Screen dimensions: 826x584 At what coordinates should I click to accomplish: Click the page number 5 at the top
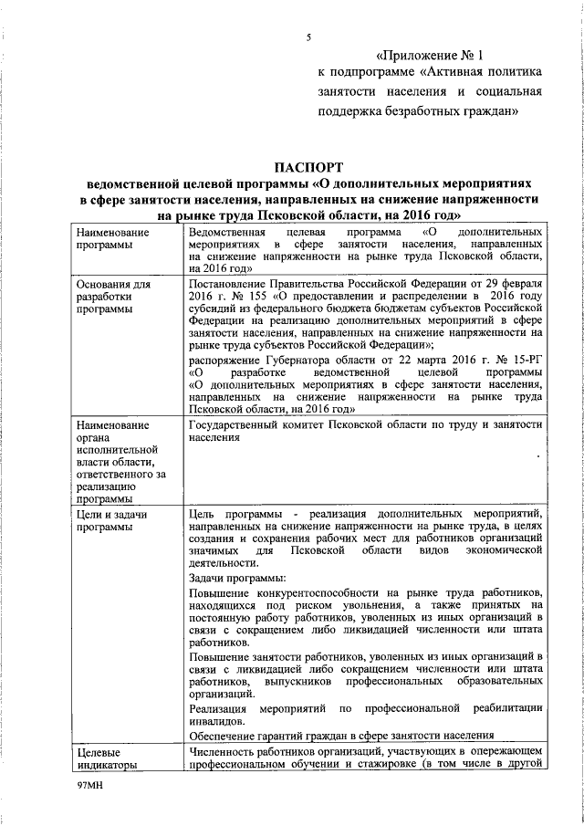[308, 37]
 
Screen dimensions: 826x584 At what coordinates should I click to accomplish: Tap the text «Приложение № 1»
[427, 54]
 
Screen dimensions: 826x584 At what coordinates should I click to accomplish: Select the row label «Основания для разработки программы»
[114, 298]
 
